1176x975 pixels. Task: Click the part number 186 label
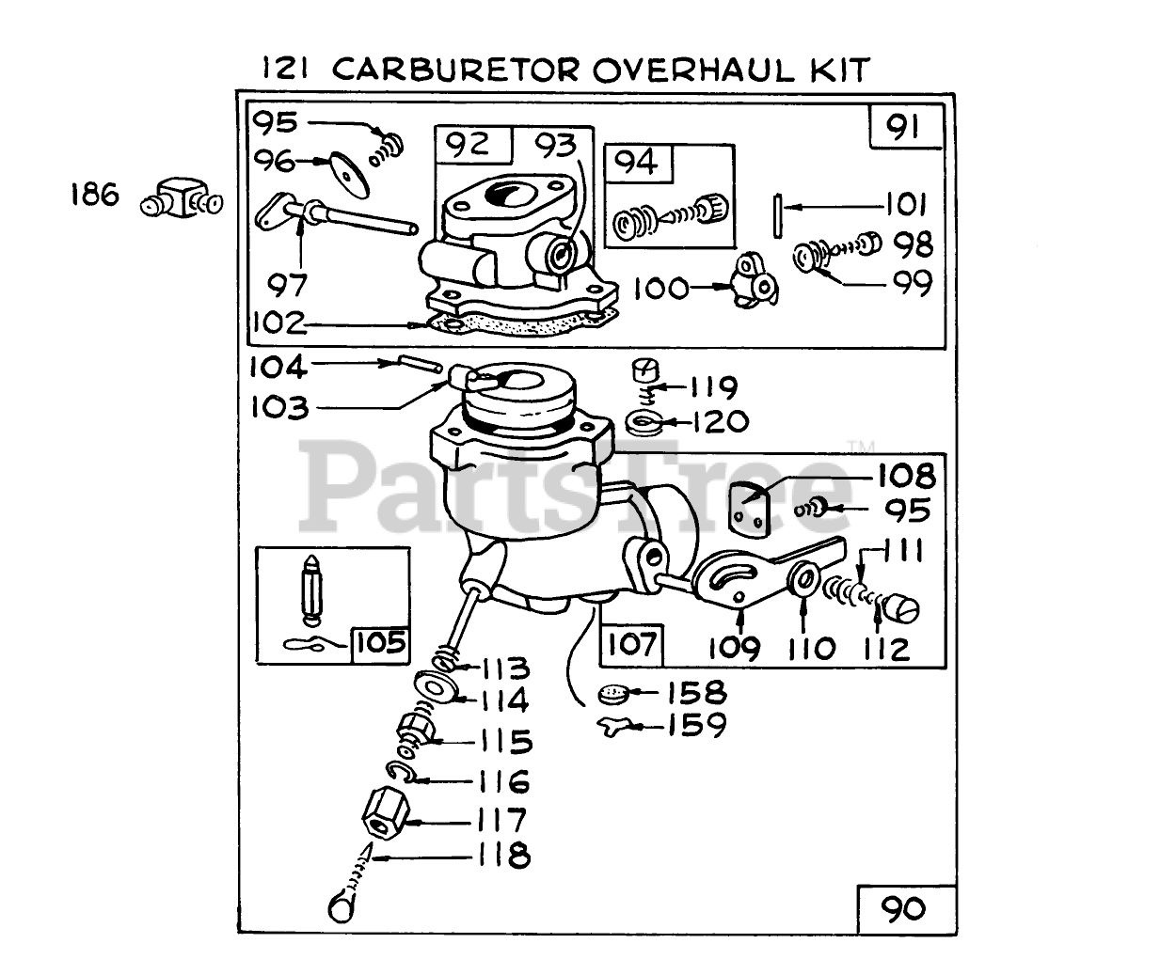coord(94,196)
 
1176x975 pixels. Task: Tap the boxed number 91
coord(903,127)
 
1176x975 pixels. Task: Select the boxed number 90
coord(903,908)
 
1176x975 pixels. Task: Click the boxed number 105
coord(380,643)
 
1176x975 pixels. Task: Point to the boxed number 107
coord(632,645)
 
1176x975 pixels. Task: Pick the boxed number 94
coord(638,163)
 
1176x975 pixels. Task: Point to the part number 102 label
coord(278,323)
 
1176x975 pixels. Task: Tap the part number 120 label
coord(715,421)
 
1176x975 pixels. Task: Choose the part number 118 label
coord(503,856)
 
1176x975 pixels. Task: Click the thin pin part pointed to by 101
coord(778,207)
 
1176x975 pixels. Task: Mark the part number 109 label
coord(735,647)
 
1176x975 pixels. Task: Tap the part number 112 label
coord(884,648)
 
